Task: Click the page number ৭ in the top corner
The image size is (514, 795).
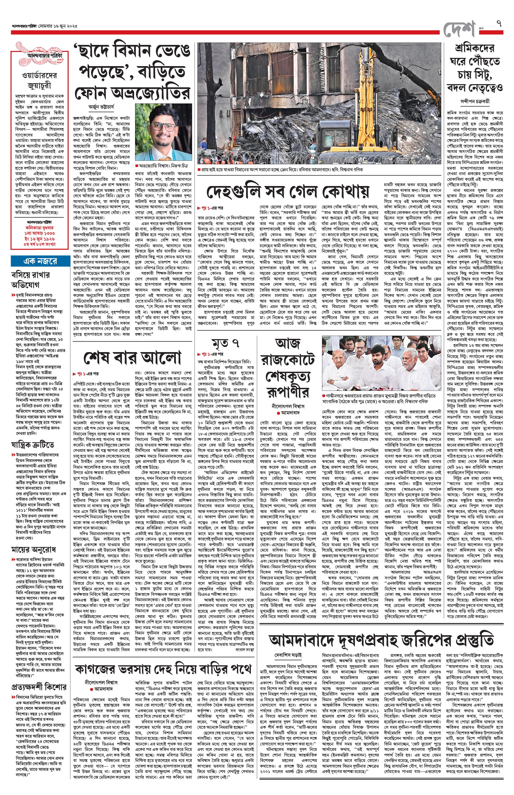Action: (x=499, y=24)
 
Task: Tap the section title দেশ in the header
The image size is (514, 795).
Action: (x=460, y=29)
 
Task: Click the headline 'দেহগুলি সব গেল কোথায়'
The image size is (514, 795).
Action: (x=288, y=192)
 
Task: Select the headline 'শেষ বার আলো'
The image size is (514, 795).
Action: (x=132, y=357)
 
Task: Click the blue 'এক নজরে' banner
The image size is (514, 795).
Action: (x=40, y=261)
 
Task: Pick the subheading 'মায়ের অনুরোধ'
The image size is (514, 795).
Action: (x=34, y=550)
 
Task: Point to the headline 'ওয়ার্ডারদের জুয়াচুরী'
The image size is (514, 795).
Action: (x=40, y=80)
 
